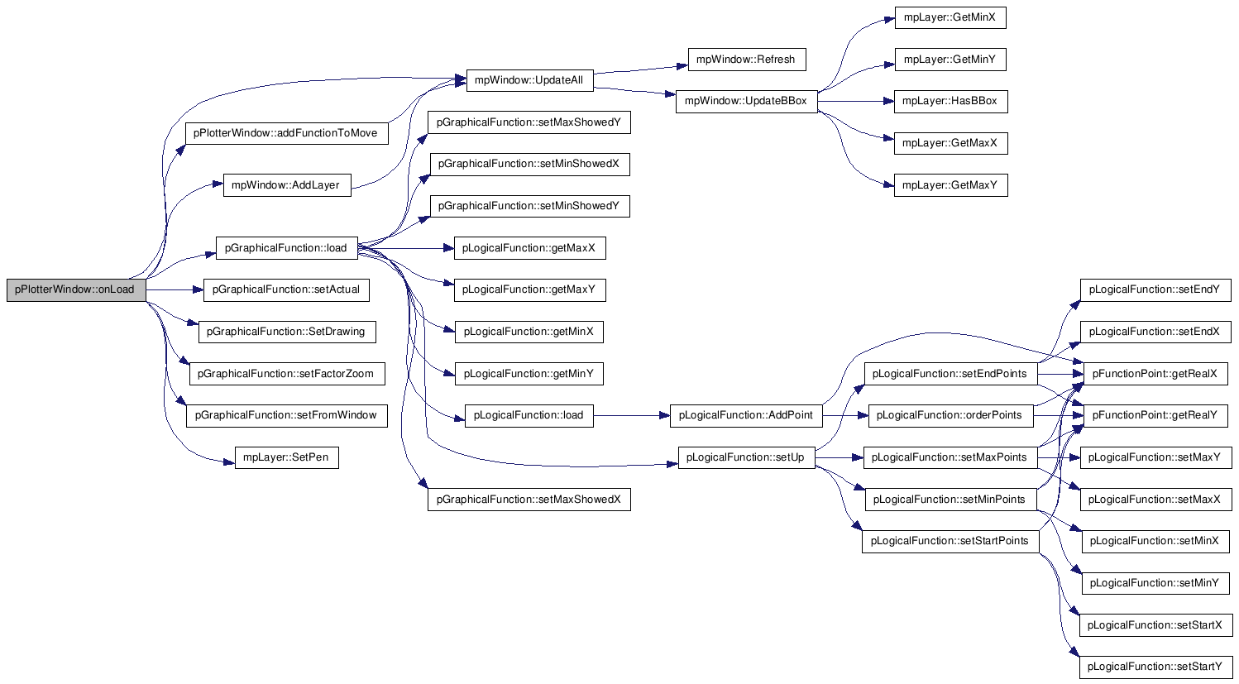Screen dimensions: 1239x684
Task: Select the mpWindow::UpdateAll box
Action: (529, 80)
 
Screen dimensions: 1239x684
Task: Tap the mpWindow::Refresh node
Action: (746, 60)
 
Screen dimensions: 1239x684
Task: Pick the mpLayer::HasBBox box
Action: (950, 101)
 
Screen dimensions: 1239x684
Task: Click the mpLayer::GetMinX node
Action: (950, 17)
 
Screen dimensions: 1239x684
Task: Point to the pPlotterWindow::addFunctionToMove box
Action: (286, 132)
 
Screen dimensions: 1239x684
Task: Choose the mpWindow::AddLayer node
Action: (286, 185)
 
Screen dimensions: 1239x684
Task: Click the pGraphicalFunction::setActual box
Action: (286, 289)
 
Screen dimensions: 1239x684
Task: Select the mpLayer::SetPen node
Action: (286, 457)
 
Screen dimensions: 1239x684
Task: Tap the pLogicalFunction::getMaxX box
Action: (529, 248)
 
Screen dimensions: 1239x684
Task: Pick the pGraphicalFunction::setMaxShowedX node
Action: (529, 500)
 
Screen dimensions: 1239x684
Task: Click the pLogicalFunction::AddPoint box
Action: (745, 415)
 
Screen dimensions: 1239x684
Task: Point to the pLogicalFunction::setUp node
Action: (746, 457)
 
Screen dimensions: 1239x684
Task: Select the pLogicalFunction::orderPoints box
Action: (950, 415)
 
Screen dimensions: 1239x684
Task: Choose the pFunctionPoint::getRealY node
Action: (1155, 415)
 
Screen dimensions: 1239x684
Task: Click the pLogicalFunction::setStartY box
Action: (1155, 667)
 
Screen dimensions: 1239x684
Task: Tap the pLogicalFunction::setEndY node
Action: (1155, 289)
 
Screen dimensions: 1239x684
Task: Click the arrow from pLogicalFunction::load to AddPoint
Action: (631, 415)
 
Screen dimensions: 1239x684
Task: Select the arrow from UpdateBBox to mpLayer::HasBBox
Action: (855, 101)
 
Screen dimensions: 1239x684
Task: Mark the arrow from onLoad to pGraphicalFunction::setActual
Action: (175, 289)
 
